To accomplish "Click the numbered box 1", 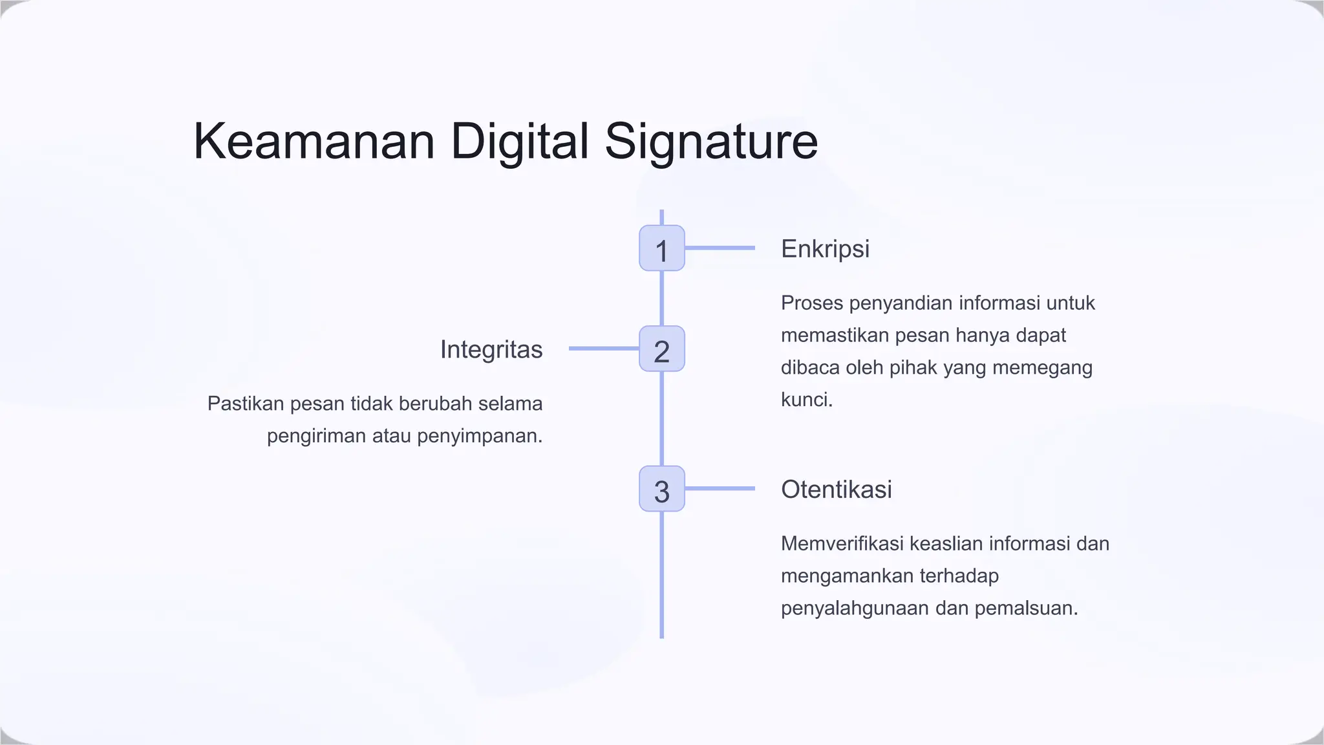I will coord(661,248).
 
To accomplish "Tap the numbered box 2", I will coord(661,349).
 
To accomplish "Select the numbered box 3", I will coord(661,489).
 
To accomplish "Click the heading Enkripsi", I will coord(825,249).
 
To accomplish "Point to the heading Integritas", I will coord(491,350).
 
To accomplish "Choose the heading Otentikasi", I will coord(836,490).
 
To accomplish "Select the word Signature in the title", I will coord(711,142).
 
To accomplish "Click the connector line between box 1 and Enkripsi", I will coord(720,248).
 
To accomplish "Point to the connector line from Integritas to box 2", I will coord(604,349).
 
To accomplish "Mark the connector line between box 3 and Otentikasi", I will coord(720,488).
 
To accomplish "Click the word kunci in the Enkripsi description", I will coord(805,400).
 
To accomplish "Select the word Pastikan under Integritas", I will coord(246,404).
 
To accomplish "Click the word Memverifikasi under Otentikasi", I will coord(842,544).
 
